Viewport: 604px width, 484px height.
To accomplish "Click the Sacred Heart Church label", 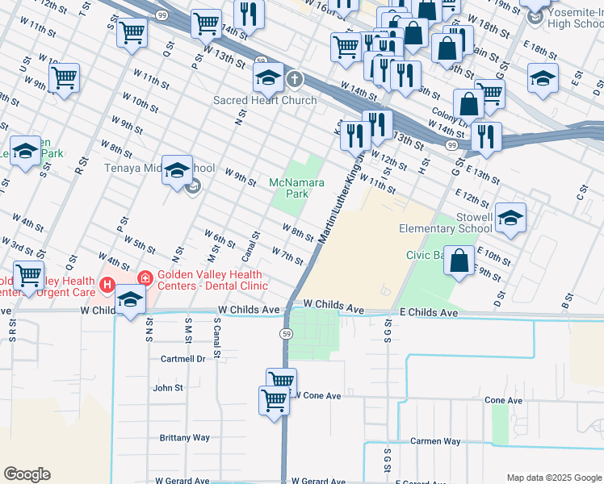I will (x=265, y=101).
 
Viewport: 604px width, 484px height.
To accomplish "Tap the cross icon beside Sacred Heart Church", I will (x=296, y=79).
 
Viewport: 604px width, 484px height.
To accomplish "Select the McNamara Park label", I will (x=288, y=188).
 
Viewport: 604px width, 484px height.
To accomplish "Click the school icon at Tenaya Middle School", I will (x=177, y=170).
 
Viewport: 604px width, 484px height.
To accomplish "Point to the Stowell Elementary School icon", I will (x=510, y=219).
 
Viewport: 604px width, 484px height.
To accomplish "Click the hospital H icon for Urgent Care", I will (x=106, y=284).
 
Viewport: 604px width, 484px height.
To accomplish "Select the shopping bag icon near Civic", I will (x=459, y=261).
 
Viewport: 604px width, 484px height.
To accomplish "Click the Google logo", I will (x=27, y=474).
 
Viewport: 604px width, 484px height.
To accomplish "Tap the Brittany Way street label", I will (x=185, y=438).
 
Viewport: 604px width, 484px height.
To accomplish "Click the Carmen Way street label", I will (x=435, y=441).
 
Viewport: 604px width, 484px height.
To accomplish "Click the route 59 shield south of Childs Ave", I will (x=286, y=332).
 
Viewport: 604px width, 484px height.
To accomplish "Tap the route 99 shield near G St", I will (x=450, y=144).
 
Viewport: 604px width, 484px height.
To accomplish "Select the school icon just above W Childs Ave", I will (x=130, y=301).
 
